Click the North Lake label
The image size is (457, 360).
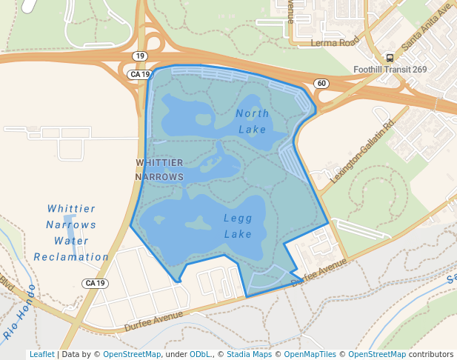pyautogui.click(x=252, y=121)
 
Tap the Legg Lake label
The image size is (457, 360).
pyautogui.click(x=238, y=226)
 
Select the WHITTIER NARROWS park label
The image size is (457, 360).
pyautogui.click(x=159, y=170)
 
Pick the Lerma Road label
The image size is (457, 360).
pyautogui.click(x=334, y=42)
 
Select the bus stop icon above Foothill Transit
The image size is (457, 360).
pyautogui.click(x=390, y=58)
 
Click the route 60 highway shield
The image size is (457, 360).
pyautogui.click(x=320, y=83)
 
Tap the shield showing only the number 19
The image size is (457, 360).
pyautogui.click(x=139, y=56)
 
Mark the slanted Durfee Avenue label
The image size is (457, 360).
pyautogui.click(x=319, y=273)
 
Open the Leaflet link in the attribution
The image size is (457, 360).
pyautogui.click(x=41, y=355)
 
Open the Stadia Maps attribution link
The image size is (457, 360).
pyautogui.click(x=248, y=355)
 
